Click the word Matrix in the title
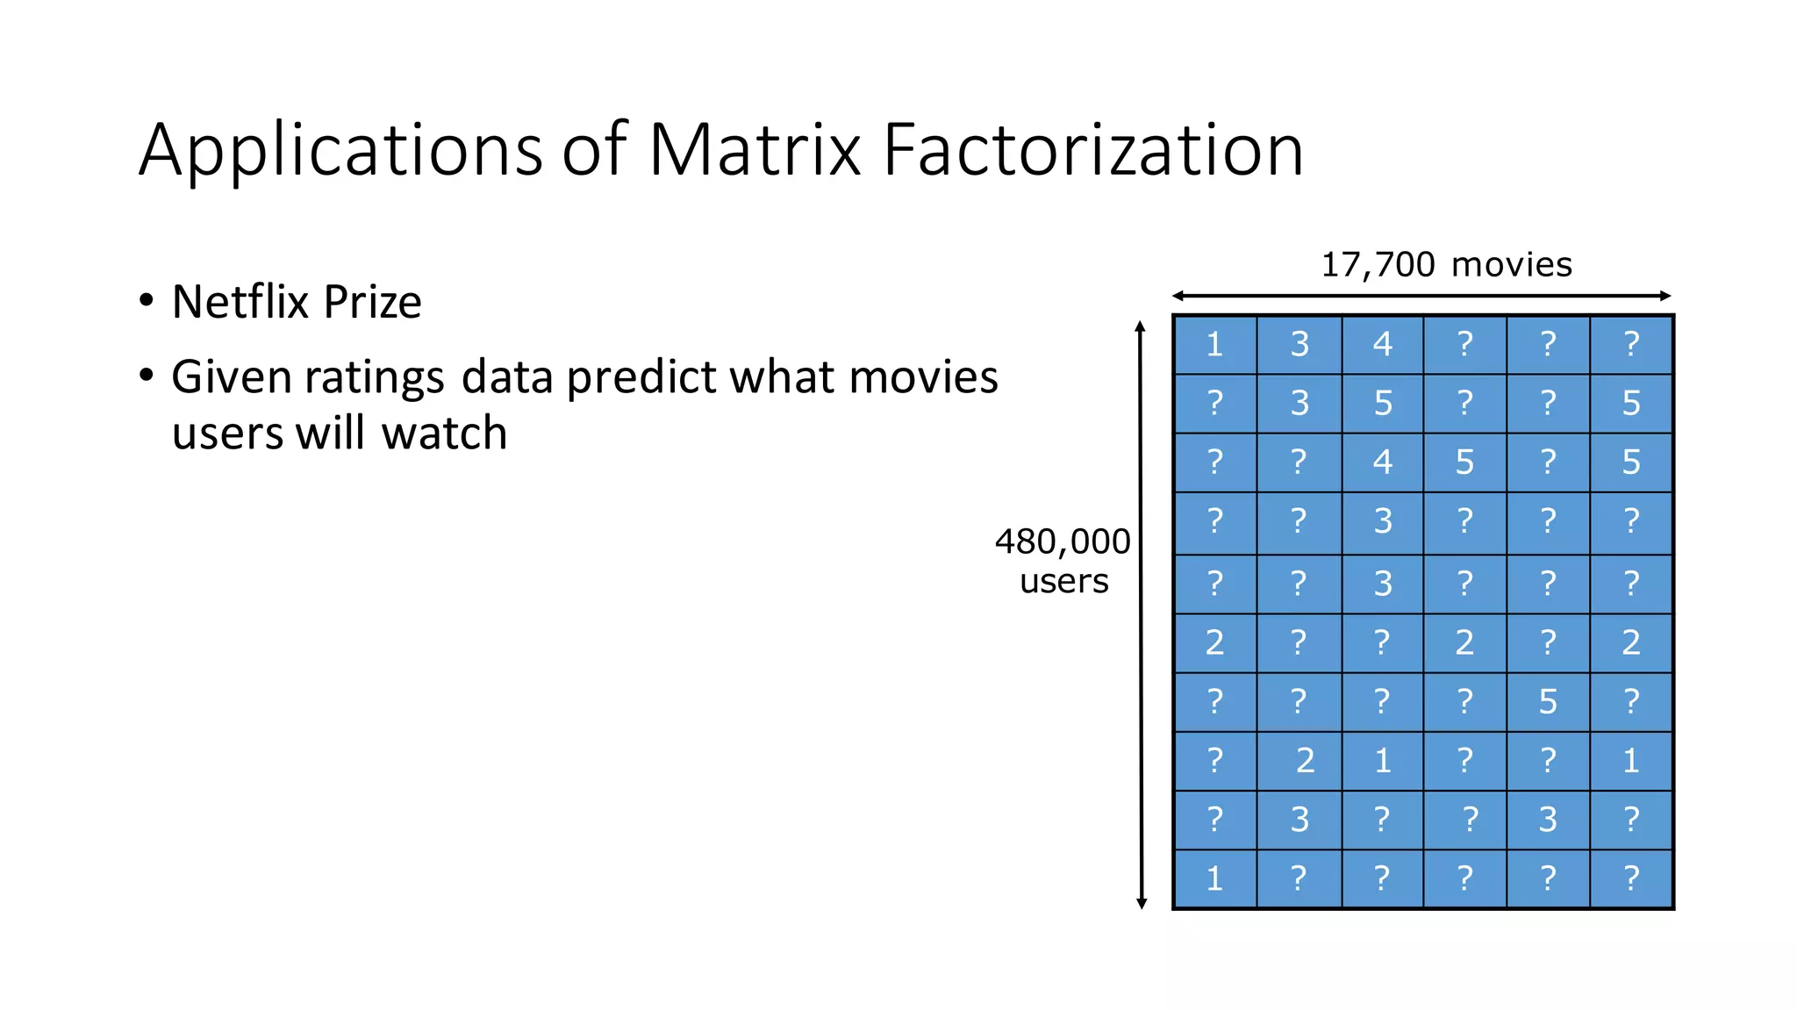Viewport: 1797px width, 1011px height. (755, 150)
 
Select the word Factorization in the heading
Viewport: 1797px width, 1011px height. (1092, 150)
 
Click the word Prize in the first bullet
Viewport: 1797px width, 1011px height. (372, 304)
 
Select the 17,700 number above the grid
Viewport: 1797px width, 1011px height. (1378, 264)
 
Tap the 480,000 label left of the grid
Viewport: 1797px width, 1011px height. (1063, 541)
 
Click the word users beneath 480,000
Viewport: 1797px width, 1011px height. (1063, 581)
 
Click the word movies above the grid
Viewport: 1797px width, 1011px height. (1511, 264)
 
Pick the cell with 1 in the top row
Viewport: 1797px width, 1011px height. (1214, 344)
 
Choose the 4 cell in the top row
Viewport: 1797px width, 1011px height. (1382, 344)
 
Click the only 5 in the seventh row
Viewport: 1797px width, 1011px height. (1548, 701)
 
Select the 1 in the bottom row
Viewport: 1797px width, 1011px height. (1214, 878)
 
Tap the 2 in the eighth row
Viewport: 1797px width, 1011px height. (1305, 760)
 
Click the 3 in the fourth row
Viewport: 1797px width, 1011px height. (1382, 521)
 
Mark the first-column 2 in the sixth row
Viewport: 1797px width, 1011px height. (1214, 642)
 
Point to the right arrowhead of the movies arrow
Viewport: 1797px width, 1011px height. (1665, 296)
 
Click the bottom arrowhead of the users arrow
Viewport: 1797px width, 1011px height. (1142, 903)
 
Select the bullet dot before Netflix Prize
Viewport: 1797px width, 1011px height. (146, 302)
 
